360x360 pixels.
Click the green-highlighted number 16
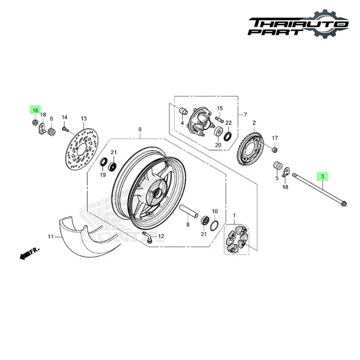click(35, 110)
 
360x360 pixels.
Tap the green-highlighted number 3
click(322, 177)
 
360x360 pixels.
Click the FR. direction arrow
click(27, 254)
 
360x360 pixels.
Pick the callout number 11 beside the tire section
click(49, 236)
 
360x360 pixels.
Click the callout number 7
click(245, 115)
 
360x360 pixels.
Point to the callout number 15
click(220, 108)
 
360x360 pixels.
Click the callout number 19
click(103, 175)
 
